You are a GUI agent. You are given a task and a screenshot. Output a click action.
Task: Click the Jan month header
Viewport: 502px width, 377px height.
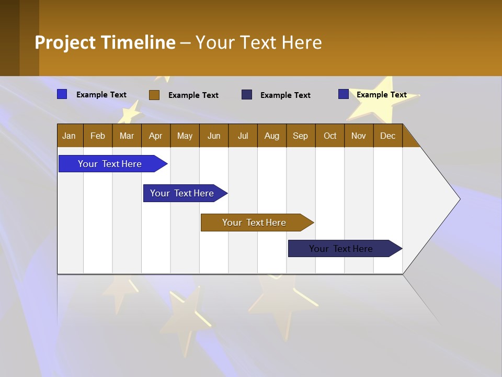(70, 136)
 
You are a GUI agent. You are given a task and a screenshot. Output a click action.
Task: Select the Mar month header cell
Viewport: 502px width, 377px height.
(127, 136)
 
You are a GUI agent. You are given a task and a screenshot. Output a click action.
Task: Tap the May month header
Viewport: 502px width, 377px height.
(185, 136)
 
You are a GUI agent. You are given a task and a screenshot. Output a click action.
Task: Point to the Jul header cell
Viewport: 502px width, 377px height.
(243, 136)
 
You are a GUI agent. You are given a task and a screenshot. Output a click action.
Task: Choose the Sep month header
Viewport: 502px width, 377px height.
(300, 136)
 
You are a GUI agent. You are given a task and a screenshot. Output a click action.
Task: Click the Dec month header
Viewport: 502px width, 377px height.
(387, 136)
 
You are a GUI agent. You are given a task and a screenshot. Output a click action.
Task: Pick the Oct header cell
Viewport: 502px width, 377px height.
(330, 136)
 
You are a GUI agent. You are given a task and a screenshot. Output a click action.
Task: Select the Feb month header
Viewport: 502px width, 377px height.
(98, 136)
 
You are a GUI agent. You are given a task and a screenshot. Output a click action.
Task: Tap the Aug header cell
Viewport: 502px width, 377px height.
(271, 136)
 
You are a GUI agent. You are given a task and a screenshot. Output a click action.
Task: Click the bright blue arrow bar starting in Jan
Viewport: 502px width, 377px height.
(110, 164)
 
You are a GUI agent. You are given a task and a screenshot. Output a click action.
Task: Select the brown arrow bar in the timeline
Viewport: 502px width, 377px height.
(254, 223)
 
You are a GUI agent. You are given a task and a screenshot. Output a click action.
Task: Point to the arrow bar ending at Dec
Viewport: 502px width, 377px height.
(341, 249)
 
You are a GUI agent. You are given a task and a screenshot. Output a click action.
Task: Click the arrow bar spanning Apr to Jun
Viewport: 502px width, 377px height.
(182, 193)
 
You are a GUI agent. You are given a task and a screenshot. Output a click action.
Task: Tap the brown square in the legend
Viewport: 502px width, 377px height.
(154, 95)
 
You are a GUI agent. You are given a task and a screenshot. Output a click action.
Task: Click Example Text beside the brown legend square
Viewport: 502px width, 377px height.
(193, 95)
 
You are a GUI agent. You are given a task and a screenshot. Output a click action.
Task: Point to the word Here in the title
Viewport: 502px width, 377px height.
(301, 42)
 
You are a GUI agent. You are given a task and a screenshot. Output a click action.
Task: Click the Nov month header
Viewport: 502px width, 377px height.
(359, 136)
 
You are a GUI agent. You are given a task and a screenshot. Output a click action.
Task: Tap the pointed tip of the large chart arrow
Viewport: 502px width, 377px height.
(459, 199)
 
